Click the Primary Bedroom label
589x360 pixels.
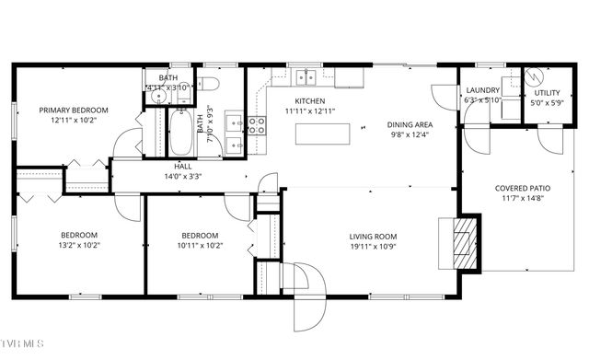click(x=73, y=110)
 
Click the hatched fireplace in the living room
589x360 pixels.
click(x=469, y=243)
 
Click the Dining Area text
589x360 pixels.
click(x=410, y=124)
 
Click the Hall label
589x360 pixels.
click(x=182, y=167)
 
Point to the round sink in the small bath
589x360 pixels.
click(x=157, y=95)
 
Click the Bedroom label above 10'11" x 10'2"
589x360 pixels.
click(x=199, y=235)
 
